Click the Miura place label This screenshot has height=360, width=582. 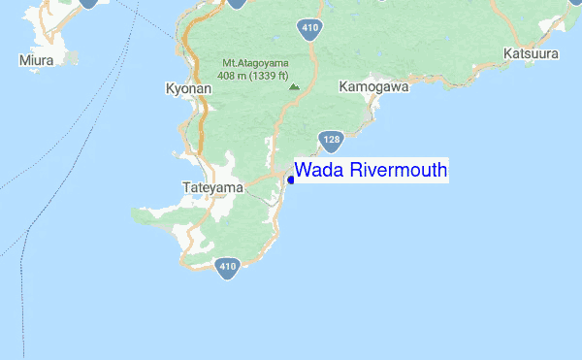[36, 60]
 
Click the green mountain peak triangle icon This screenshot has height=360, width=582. [294, 85]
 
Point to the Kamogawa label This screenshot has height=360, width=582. [373, 87]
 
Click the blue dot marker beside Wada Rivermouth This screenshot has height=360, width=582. [291, 180]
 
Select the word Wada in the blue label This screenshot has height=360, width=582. [319, 171]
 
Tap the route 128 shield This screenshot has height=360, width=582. [332, 141]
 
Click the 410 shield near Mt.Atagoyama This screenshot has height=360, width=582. [309, 28]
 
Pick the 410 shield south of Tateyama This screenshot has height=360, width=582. [228, 267]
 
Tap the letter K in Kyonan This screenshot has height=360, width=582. [169, 87]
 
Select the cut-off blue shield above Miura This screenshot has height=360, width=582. [88, 3]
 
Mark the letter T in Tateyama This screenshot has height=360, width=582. [185, 186]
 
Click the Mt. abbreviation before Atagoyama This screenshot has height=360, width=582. [230, 64]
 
